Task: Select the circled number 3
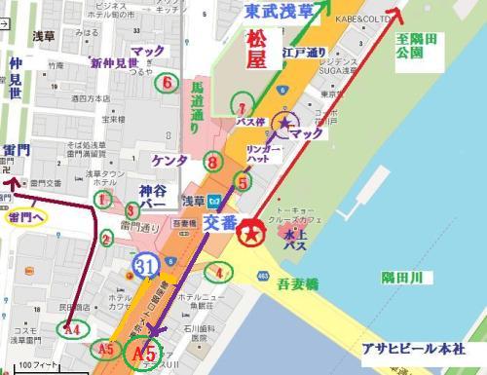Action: coord(131,208)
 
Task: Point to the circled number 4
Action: coord(223,273)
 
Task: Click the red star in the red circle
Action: coord(251,235)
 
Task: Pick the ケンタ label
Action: coord(169,158)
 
